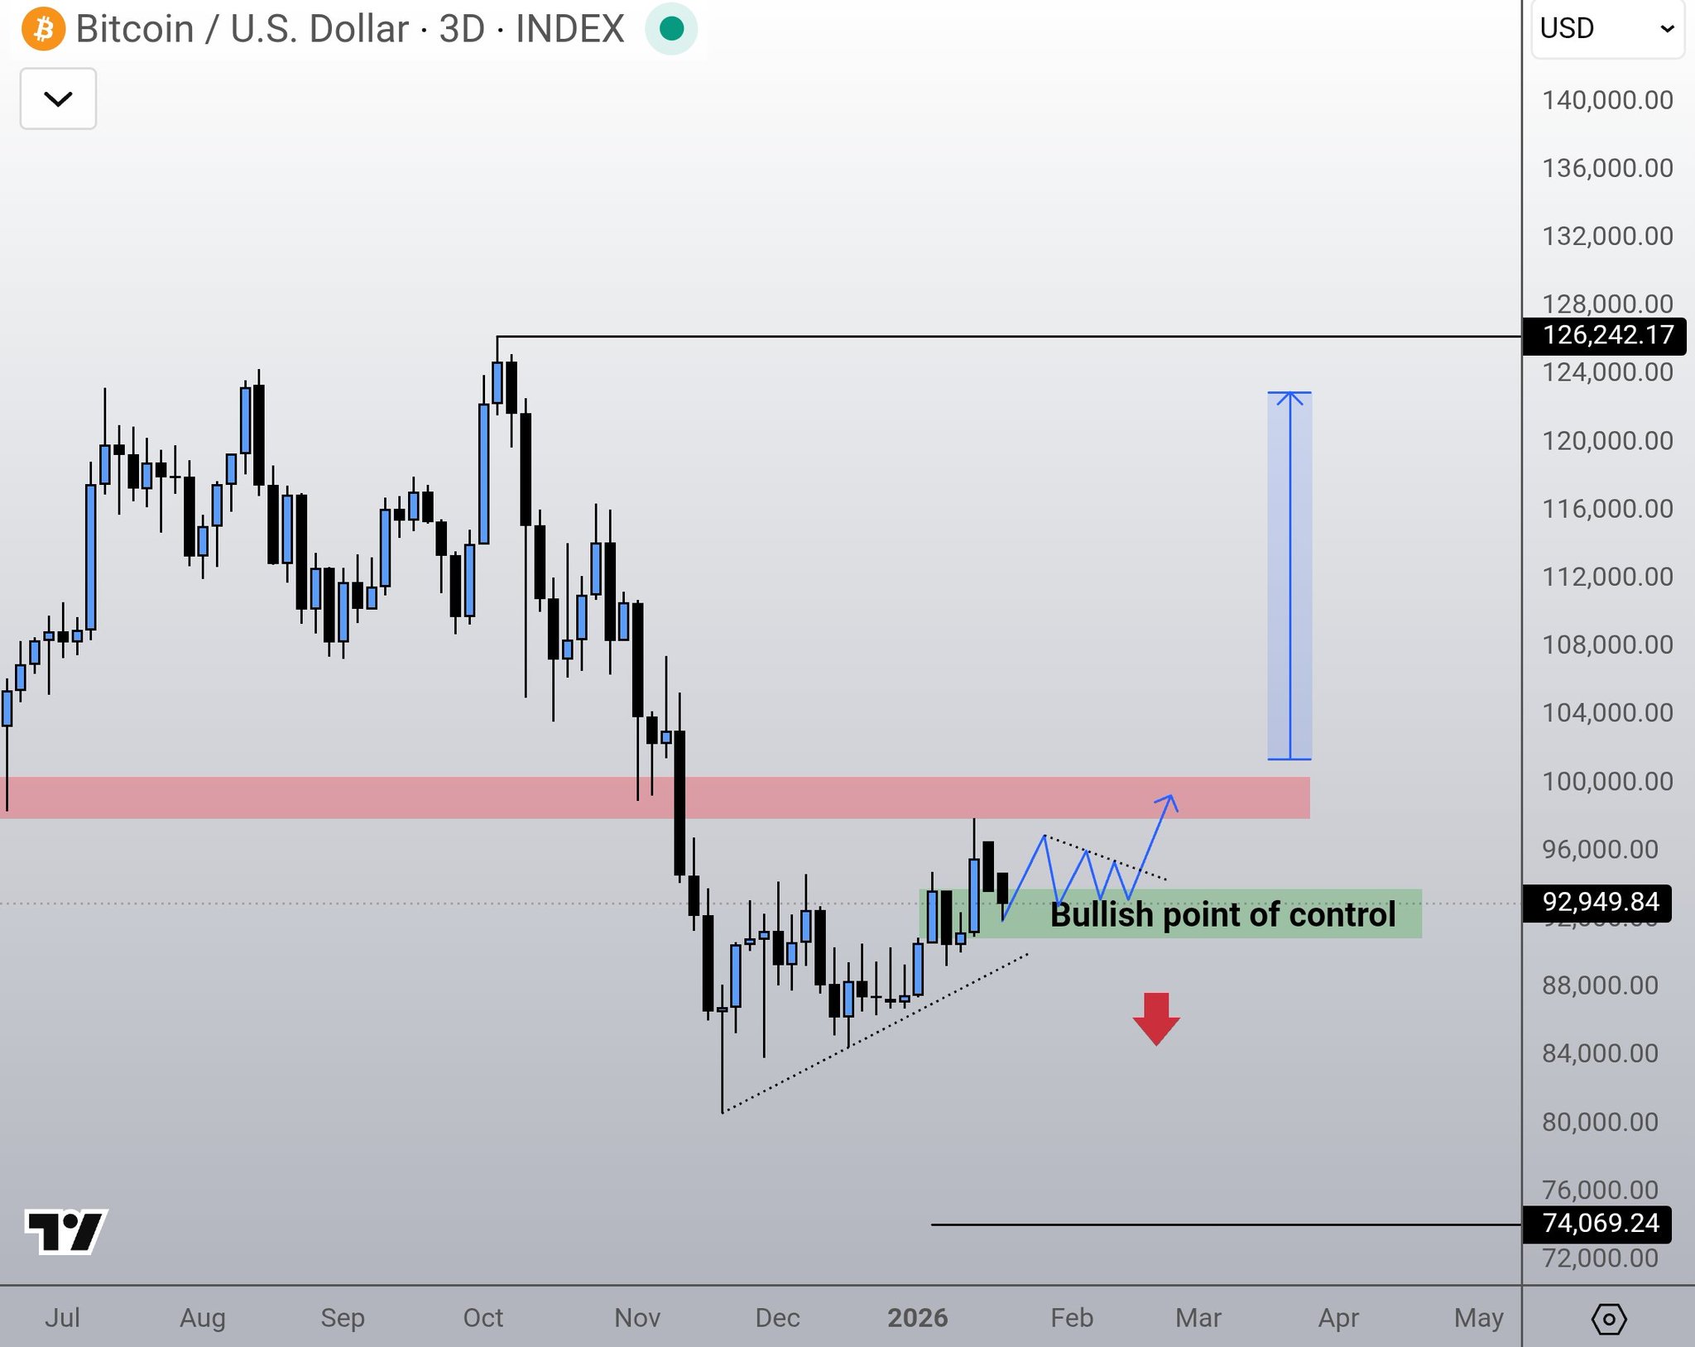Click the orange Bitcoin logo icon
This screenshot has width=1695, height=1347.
[x=43, y=29]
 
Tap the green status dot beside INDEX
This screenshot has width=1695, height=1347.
[x=671, y=29]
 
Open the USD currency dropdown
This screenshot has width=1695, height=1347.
[x=1606, y=29]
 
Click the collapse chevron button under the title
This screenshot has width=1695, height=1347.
[x=58, y=99]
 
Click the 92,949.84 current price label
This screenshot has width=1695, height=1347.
[x=1600, y=902]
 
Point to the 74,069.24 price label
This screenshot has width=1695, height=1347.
[x=1600, y=1223]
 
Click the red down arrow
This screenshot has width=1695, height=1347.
[x=1156, y=1019]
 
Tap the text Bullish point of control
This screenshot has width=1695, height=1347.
[x=1222, y=915]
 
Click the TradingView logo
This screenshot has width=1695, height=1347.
[x=66, y=1231]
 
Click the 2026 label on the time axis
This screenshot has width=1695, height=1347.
[x=917, y=1317]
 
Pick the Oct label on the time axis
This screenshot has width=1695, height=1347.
[x=483, y=1317]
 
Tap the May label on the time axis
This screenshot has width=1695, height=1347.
[x=1478, y=1317]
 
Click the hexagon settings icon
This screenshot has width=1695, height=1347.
[x=1608, y=1319]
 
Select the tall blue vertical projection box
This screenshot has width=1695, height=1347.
[x=1289, y=575]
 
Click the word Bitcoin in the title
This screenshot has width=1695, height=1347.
[x=135, y=29]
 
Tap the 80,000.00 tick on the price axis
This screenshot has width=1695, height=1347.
[x=1600, y=1122]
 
